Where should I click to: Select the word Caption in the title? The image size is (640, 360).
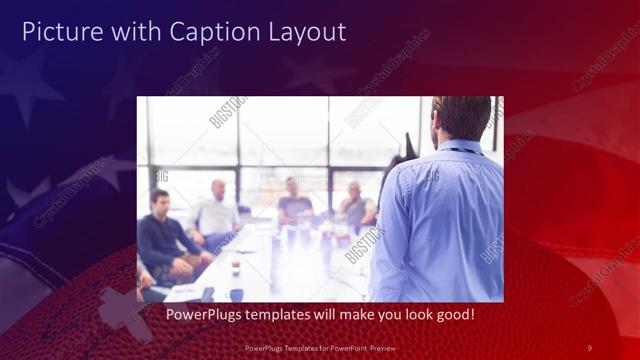point(208,32)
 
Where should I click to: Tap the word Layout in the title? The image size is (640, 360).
point(304,32)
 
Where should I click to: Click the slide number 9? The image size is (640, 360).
point(589,347)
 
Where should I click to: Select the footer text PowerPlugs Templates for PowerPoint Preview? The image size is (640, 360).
point(320,347)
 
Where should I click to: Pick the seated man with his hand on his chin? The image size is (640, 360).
point(355,205)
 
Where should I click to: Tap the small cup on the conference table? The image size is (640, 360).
point(236,267)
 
